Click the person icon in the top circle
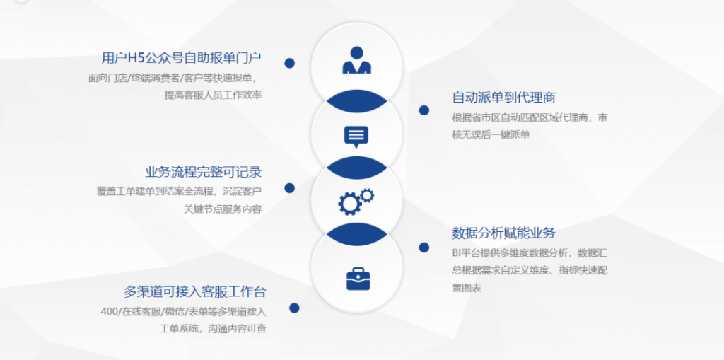(x=356, y=60)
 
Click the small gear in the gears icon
(x=367, y=195)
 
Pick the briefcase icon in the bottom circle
(x=358, y=278)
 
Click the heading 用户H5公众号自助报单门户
(x=182, y=58)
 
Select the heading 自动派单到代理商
(x=503, y=98)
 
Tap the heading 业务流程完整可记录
(x=204, y=172)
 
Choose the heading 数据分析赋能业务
(x=503, y=233)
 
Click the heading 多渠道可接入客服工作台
(x=195, y=292)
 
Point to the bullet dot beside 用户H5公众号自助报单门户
(x=289, y=64)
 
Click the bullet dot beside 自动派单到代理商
(x=424, y=110)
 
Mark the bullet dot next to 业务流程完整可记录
(x=289, y=187)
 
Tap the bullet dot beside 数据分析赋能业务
(x=424, y=248)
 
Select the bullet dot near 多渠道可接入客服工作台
(x=294, y=308)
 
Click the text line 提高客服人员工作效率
(x=214, y=95)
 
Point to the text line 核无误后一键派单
(x=491, y=135)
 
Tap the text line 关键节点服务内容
(x=223, y=209)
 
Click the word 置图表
(x=467, y=287)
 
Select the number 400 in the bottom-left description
(x=110, y=312)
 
